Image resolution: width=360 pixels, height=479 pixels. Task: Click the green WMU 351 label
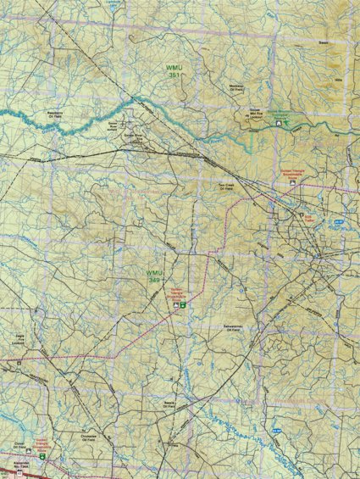coord(174,70)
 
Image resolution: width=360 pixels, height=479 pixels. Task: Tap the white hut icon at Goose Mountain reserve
coord(280,124)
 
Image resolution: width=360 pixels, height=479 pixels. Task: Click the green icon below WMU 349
coord(179,304)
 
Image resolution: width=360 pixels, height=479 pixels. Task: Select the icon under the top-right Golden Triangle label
coord(308,214)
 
